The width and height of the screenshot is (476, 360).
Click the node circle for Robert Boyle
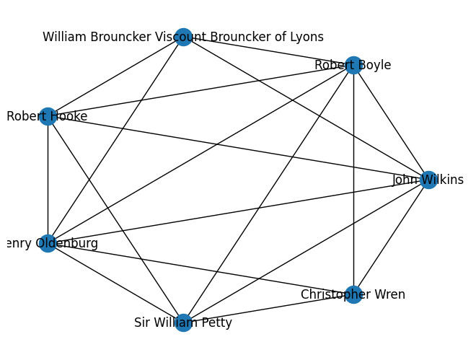[353, 66]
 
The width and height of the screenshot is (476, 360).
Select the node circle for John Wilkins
[428, 180]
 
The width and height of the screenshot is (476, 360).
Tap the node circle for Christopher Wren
[353, 294]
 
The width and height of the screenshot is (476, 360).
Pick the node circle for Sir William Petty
[183, 322]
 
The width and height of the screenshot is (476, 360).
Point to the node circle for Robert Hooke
[48, 116]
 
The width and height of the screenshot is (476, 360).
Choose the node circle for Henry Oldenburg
[48, 243]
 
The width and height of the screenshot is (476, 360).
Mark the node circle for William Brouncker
[183, 37]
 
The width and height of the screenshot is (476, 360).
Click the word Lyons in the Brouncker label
[307, 37]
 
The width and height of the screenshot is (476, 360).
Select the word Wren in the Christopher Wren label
[390, 294]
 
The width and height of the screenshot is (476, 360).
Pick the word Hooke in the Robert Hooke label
[69, 116]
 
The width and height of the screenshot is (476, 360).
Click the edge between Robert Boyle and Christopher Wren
[353, 180]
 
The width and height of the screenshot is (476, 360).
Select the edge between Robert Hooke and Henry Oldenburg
[48, 180]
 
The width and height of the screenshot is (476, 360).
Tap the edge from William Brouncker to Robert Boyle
[268, 51]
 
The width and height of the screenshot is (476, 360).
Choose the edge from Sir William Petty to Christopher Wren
[268, 309]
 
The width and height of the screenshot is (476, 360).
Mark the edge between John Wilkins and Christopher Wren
[390, 237]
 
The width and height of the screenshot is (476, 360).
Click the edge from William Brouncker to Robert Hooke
[115, 76]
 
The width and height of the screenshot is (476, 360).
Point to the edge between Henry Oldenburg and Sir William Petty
[115, 283]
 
